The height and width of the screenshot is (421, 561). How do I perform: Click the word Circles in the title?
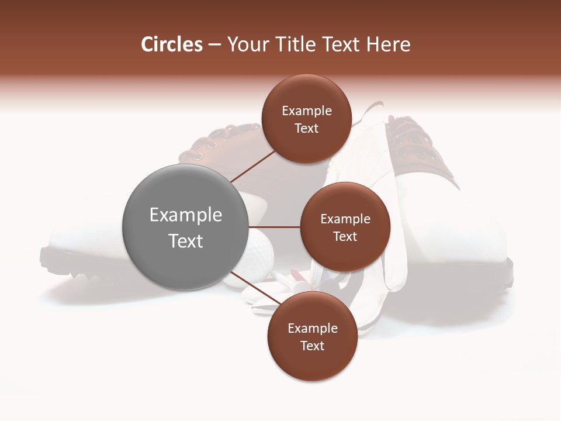tap(171, 44)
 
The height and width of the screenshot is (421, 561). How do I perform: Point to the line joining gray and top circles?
tap(252, 165)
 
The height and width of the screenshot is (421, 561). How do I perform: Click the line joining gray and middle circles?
tap(274, 227)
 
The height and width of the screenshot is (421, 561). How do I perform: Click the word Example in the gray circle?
tap(185, 215)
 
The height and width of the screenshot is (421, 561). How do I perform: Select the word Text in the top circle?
tap(306, 128)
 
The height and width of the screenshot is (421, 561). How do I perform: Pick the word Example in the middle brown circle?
tap(345, 219)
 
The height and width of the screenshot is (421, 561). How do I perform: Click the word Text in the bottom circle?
tap(312, 346)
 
